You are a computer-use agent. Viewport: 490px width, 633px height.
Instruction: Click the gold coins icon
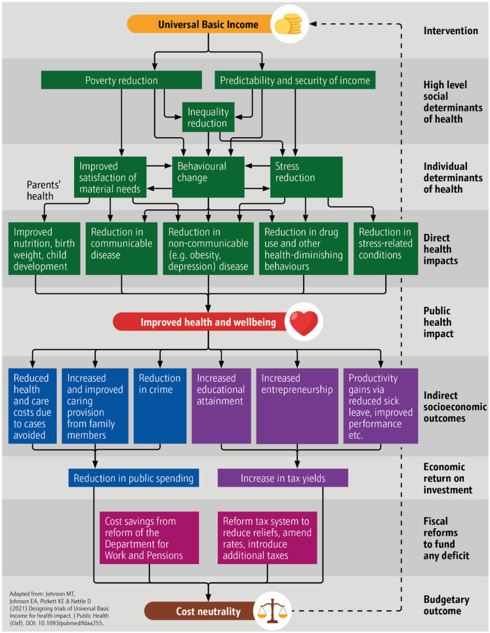(288, 25)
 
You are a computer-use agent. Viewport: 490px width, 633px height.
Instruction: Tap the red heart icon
(304, 322)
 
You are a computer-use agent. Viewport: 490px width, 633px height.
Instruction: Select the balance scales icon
(273, 611)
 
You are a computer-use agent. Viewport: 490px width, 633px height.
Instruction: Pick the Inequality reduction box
(209, 117)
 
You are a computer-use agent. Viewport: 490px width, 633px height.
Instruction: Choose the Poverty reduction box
(121, 80)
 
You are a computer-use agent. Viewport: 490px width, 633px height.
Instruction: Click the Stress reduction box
(306, 177)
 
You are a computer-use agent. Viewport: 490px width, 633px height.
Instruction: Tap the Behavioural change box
(209, 177)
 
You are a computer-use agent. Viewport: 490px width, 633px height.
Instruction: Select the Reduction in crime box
(160, 406)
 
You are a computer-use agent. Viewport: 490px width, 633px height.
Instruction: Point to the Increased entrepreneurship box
(297, 406)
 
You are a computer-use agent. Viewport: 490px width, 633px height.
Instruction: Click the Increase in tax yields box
(283, 478)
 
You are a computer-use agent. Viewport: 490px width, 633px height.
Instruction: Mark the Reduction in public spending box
(134, 478)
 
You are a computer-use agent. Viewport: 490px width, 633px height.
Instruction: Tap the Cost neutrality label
(209, 611)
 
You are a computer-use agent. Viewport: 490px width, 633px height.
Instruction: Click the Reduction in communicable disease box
(121, 248)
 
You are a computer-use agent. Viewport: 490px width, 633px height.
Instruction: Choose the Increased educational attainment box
(221, 406)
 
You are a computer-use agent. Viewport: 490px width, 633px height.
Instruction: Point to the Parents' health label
(43, 190)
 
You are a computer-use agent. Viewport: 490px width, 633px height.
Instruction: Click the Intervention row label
(451, 31)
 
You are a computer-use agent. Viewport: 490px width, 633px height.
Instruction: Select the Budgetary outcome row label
(447, 605)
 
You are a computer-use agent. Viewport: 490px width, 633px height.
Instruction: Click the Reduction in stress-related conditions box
(386, 248)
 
